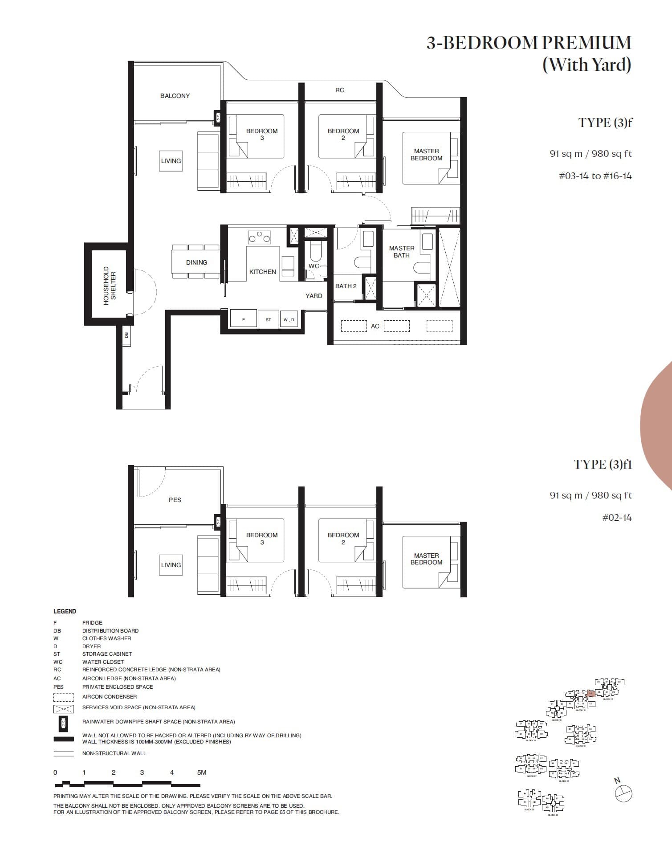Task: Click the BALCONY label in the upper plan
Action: point(175,96)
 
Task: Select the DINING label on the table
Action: point(196,262)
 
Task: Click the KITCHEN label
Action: point(262,272)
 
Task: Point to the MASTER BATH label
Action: point(401,252)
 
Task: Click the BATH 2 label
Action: point(346,286)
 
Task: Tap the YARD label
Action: point(314,296)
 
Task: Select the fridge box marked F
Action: point(243,319)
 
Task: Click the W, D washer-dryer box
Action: point(289,319)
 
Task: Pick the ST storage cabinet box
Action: point(268,319)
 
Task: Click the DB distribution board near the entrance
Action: point(126,335)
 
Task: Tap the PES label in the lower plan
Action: point(175,500)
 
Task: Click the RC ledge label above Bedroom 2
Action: point(339,90)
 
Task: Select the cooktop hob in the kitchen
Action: point(260,237)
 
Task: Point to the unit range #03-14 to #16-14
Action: point(595,176)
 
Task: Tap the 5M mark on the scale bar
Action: point(201,772)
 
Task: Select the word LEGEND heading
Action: point(65,611)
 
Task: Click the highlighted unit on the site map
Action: point(591,694)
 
